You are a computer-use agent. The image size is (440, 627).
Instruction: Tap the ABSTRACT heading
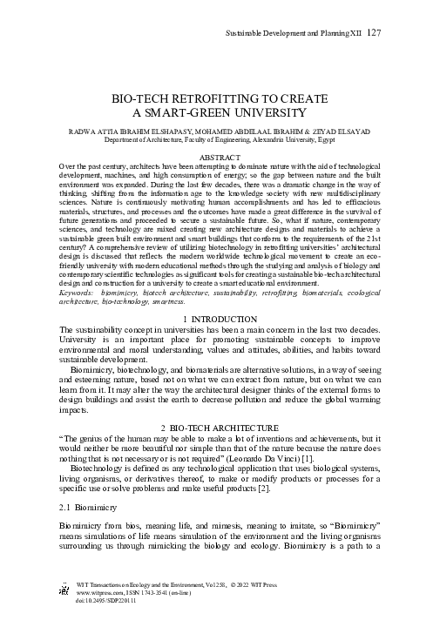click(219, 157)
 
